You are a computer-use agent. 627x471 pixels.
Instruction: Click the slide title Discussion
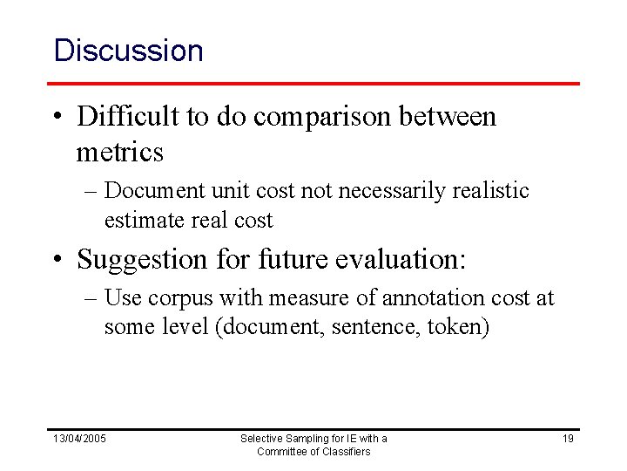[128, 50]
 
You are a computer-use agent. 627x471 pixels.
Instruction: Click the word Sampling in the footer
[300, 438]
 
